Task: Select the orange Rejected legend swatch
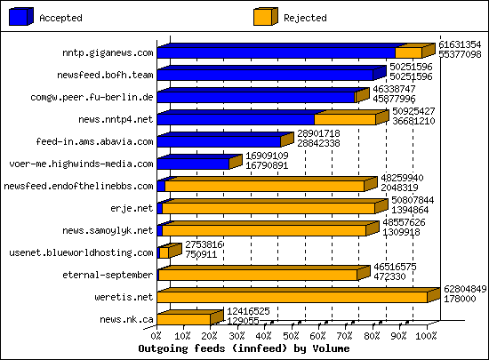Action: point(265,17)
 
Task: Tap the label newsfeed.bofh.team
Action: point(110,75)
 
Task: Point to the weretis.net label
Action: point(128,297)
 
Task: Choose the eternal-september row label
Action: point(117,275)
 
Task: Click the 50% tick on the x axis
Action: point(292,336)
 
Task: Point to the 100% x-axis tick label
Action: point(426,336)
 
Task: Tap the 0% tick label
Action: point(157,336)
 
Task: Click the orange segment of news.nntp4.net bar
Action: point(344,119)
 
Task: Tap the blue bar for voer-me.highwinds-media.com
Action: point(193,164)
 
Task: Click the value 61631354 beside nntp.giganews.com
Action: point(461,44)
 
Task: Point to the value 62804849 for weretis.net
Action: point(465,289)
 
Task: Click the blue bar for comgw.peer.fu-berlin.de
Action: point(256,97)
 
